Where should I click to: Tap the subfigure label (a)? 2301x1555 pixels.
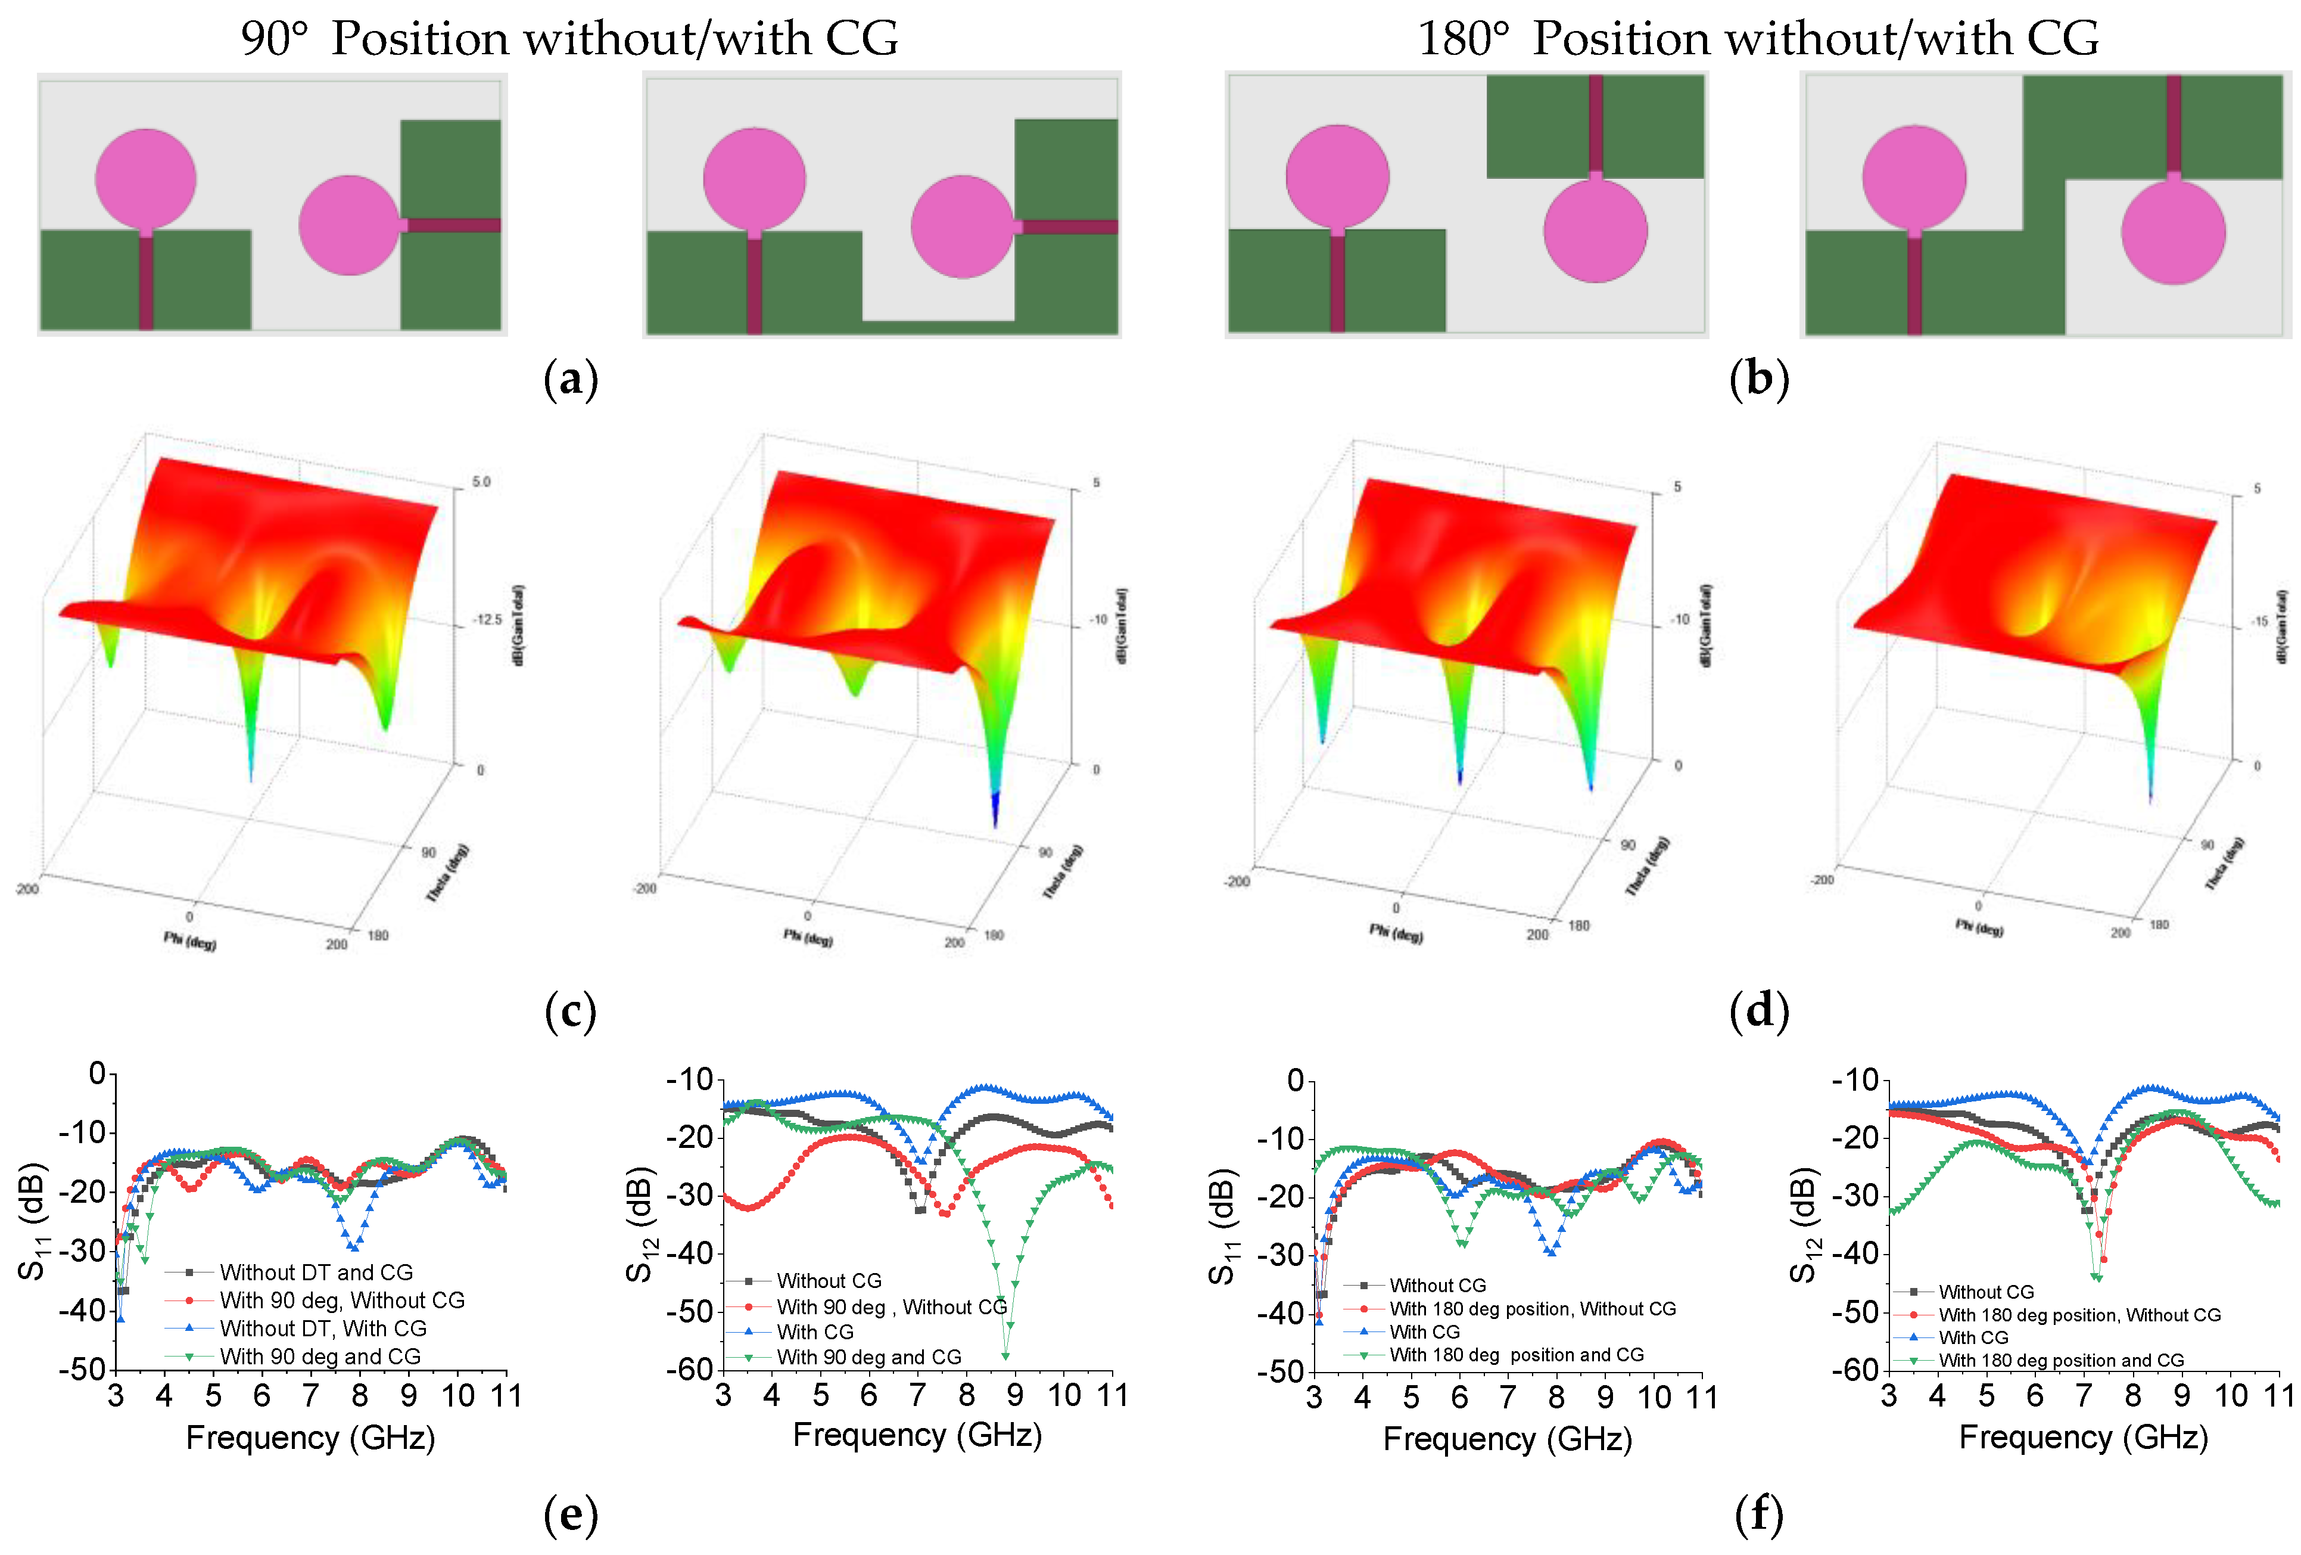(x=571, y=379)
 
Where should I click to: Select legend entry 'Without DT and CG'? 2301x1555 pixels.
(x=315, y=1272)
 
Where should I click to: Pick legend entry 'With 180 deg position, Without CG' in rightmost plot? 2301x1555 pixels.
(x=2079, y=1314)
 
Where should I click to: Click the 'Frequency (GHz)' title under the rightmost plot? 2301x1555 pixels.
(x=2083, y=1437)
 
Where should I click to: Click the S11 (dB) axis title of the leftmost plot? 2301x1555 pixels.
(x=33, y=1221)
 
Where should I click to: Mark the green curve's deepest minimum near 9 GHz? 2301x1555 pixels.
(x=1005, y=1354)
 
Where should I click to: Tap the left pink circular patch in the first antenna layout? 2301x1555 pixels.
(x=145, y=178)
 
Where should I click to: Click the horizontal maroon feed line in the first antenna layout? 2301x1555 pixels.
(x=453, y=225)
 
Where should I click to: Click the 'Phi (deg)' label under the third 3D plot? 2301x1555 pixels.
(x=1396, y=933)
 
